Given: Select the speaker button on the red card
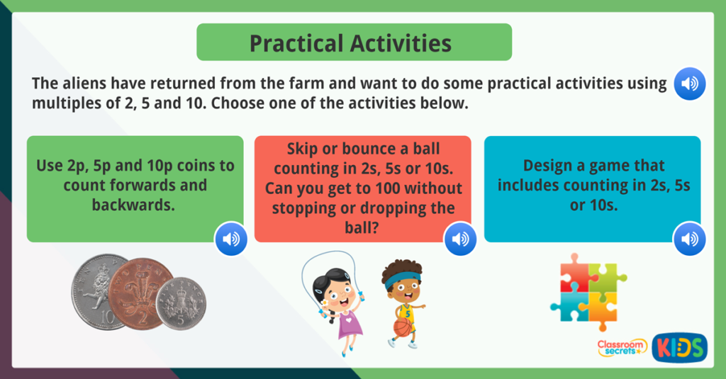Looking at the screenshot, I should [x=460, y=239].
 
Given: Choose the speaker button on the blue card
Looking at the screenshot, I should [x=689, y=239].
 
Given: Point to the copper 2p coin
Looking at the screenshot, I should [x=141, y=293].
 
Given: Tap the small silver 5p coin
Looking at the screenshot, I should [x=181, y=303].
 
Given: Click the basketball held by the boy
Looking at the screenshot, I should [x=403, y=327].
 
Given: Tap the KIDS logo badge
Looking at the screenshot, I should [x=679, y=347].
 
